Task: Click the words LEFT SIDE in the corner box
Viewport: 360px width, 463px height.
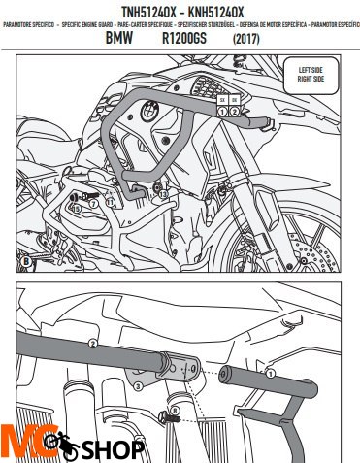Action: point(310,71)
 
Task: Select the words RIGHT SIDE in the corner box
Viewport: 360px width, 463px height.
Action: point(310,79)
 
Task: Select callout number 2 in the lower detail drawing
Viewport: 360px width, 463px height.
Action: point(93,344)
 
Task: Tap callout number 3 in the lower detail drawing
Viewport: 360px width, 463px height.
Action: point(139,387)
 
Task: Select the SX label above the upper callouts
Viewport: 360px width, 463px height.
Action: point(222,100)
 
